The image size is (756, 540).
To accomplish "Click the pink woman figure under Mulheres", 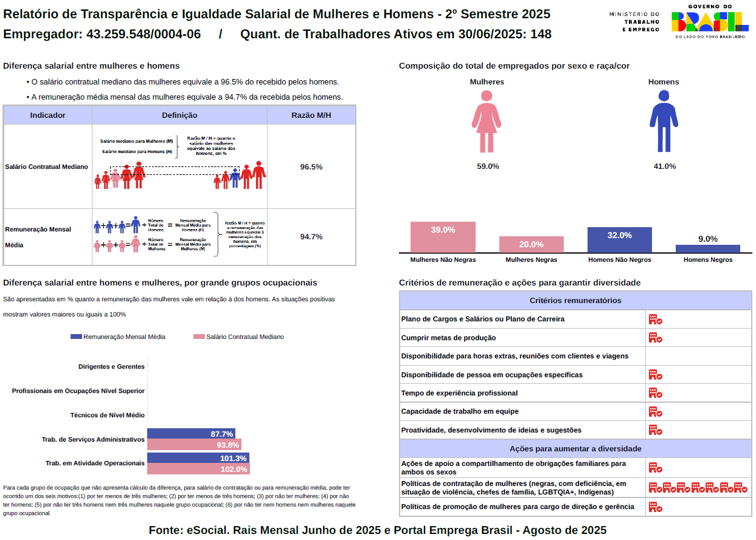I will pos(486,121).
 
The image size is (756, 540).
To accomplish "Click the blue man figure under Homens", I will pos(664,121).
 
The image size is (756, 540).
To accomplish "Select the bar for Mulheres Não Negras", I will pos(443,237).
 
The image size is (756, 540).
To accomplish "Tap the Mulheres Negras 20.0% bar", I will pos(532,244).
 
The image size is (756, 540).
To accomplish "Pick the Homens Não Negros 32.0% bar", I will pos(619,240).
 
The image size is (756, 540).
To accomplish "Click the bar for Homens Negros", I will pos(708,248).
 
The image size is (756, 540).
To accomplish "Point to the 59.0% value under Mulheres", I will pos(488,166).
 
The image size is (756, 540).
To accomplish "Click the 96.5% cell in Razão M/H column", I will pos(311,166).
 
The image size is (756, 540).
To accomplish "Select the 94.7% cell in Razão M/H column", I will pos(311,237).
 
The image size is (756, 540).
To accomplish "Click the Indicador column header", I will pos(47,115).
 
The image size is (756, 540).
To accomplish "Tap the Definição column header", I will pos(179,115).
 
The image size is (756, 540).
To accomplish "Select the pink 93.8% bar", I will pos(194,445).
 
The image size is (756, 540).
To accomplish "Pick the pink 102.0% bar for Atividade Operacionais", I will pos(198,469).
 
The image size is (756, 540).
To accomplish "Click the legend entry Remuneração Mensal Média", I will pos(118,337).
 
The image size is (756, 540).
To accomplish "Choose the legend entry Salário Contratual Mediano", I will pos(238,337).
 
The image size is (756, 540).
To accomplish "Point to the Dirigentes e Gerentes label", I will pos(111,366).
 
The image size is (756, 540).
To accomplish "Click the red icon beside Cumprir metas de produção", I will pos(655,338).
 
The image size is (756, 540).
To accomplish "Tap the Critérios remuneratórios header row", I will pos(575,301).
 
